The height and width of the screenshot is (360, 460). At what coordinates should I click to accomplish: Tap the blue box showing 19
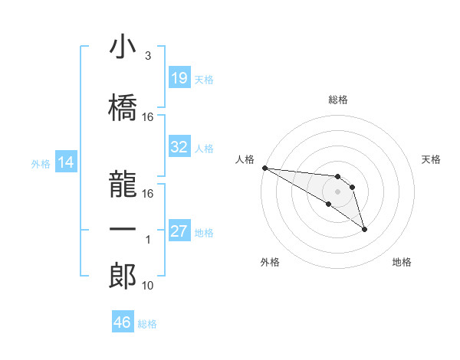(x=179, y=78)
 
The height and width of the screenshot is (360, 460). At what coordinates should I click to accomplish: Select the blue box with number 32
(x=179, y=147)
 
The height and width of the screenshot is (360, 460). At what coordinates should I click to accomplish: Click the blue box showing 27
(x=179, y=231)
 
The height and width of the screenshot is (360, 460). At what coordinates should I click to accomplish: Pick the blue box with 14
(x=65, y=162)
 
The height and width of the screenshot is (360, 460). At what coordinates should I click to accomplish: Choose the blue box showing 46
(x=122, y=322)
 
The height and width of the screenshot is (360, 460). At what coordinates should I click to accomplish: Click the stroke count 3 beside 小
(x=147, y=57)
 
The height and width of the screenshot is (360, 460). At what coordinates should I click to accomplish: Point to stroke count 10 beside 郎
(x=148, y=286)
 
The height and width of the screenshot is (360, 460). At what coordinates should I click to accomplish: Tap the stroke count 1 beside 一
(x=148, y=240)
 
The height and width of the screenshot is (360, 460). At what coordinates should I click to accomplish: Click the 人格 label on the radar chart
(x=245, y=159)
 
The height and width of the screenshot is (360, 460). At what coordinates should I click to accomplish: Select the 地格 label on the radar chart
(x=402, y=262)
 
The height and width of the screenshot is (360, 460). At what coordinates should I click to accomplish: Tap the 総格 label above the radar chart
(x=337, y=100)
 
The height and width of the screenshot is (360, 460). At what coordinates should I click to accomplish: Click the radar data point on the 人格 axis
(x=264, y=168)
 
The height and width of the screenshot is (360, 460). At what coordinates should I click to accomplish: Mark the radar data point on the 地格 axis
(x=364, y=229)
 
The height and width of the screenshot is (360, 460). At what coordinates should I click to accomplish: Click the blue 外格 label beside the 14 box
(x=40, y=163)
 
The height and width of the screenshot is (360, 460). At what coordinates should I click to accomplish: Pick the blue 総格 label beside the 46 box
(x=147, y=324)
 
